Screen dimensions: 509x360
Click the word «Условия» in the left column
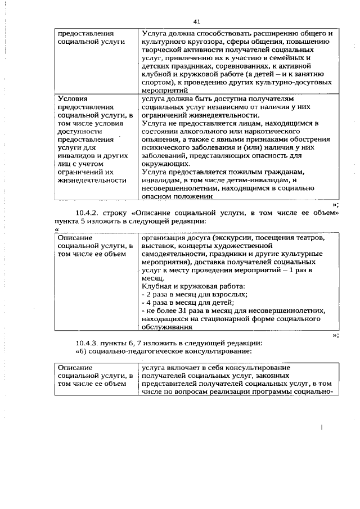tap(73, 98)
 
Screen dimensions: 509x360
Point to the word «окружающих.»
tap(165, 163)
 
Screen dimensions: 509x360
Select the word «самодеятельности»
tap(174, 254)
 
